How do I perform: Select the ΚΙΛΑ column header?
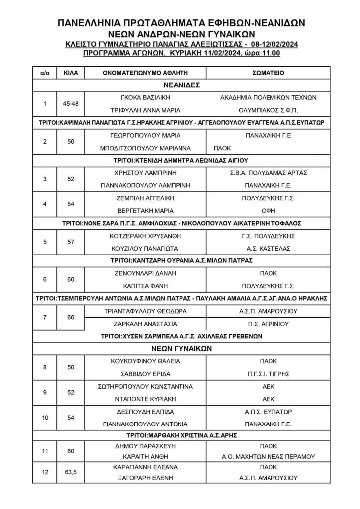70,73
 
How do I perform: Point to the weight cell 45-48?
70,104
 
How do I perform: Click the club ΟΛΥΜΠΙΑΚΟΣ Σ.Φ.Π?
268,110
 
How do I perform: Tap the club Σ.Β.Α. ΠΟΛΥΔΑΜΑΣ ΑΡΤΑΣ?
268,173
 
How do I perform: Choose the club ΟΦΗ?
268,211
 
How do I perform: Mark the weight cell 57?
70,242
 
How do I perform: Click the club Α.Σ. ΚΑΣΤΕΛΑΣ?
268,248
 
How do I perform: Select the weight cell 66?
70,317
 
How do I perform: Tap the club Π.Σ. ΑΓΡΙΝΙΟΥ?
268,324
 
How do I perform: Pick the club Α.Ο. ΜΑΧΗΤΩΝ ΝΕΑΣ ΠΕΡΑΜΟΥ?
268,457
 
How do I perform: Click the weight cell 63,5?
70,472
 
